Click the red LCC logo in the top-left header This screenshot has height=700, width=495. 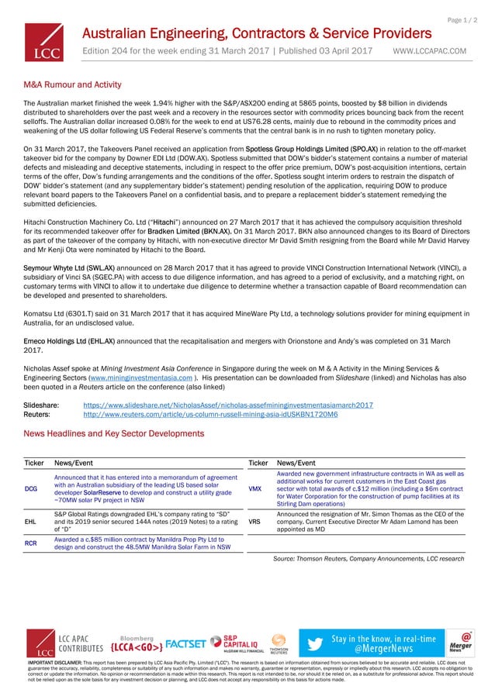pos(45,42)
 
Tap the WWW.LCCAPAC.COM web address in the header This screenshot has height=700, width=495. pos(430,51)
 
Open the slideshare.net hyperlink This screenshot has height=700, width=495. pos(227,405)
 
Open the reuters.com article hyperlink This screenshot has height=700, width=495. pos(209,415)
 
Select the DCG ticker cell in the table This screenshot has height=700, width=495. pos(31,489)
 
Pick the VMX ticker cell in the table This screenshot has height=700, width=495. pos(254,489)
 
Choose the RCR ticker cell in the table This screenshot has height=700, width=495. pos(31,543)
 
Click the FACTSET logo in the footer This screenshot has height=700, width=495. pos(186,644)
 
